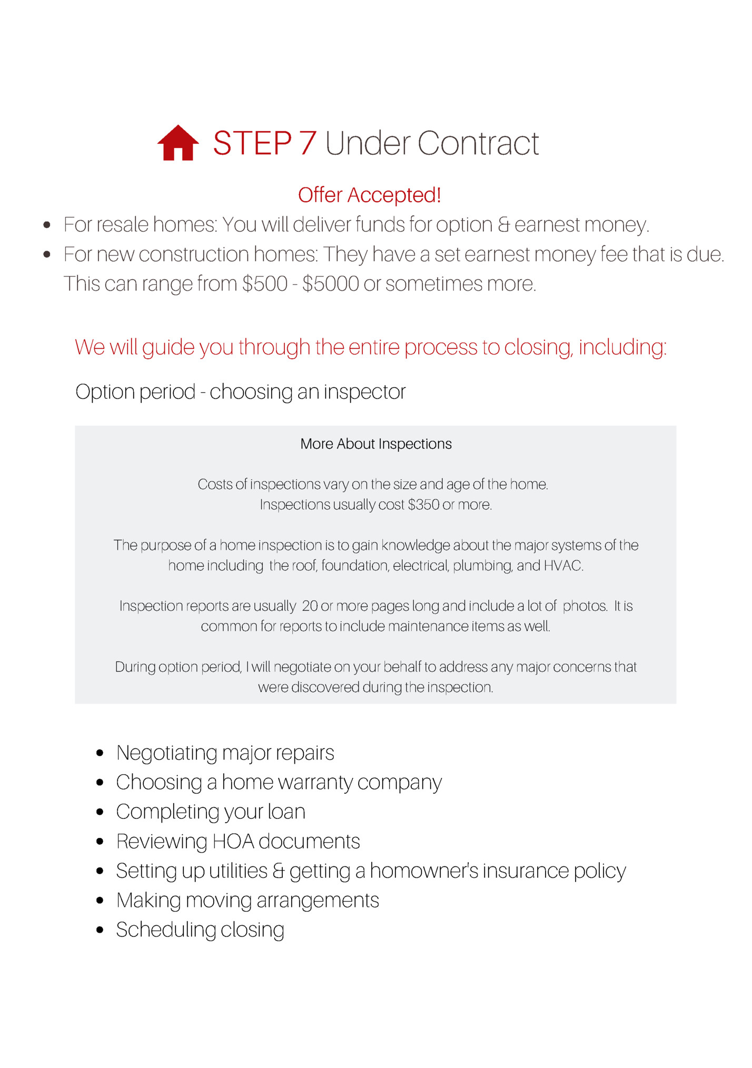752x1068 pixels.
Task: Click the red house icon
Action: [178, 143]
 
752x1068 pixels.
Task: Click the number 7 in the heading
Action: [308, 143]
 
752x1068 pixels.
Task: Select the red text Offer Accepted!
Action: [369, 195]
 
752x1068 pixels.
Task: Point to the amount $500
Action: [264, 284]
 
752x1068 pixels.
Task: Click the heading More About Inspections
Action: [375, 444]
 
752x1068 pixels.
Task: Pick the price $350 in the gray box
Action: [423, 505]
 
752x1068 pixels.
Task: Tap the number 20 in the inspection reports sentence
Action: [310, 606]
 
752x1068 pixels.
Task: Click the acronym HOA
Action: [233, 842]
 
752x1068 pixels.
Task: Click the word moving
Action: [219, 901]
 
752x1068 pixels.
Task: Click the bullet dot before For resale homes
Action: [47, 225]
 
